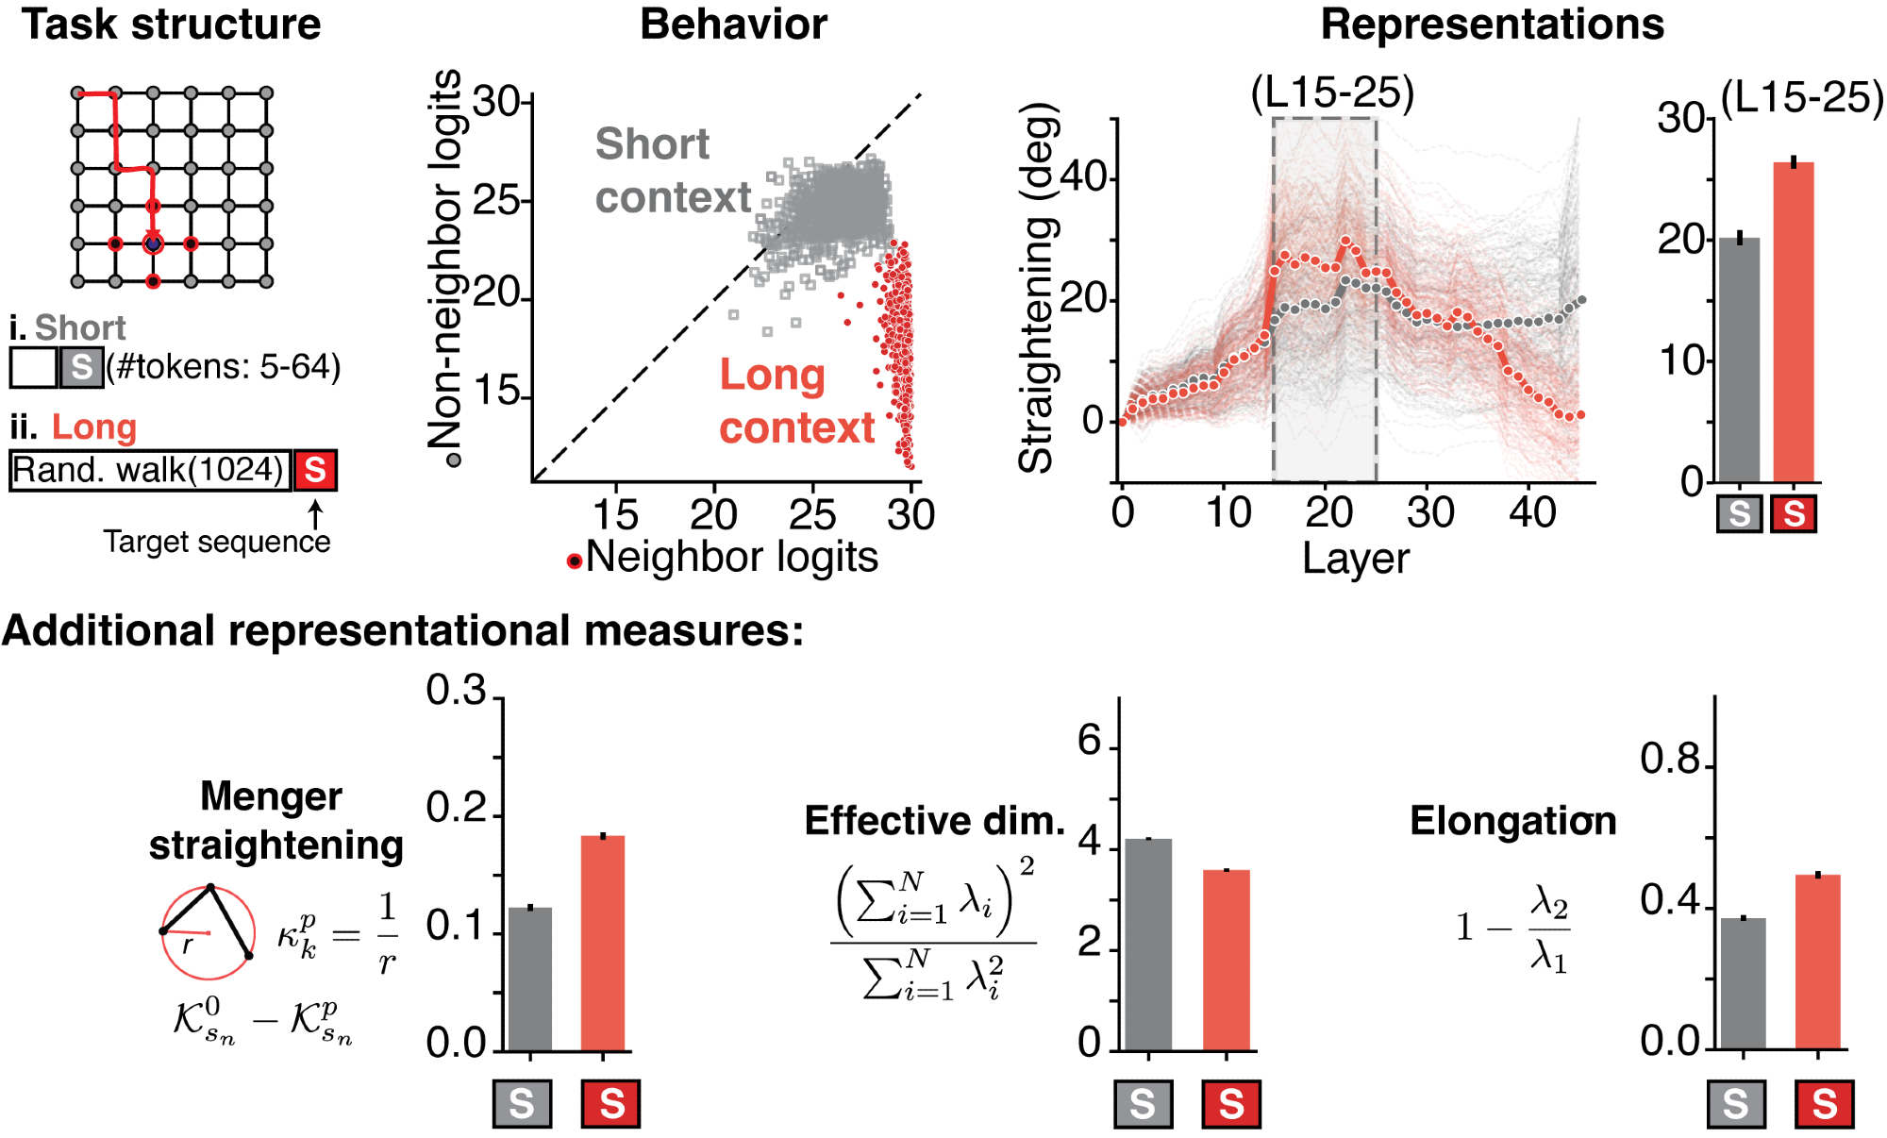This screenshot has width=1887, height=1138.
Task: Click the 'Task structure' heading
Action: pos(171,25)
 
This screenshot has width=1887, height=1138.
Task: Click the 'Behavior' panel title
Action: pos(733,25)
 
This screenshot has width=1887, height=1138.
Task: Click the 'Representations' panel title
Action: pos(1492,25)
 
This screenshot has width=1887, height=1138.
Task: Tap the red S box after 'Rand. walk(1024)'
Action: pos(315,470)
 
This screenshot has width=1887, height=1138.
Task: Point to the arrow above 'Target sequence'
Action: pos(315,514)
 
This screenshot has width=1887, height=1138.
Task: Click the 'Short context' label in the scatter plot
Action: pos(672,171)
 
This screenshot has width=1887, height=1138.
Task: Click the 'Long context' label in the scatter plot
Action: pos(795,401)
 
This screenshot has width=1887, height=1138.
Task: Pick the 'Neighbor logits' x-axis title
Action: pos(731,557)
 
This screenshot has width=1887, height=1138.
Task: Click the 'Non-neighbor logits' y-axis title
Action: pos(446,259)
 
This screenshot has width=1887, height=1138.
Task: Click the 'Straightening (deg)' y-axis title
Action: pos(1037,288)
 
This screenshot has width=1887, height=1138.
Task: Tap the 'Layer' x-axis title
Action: pos(1355,558)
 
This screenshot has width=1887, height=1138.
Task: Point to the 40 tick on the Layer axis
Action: pos(1532,512)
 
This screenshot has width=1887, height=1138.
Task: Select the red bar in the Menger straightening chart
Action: pos(603,943)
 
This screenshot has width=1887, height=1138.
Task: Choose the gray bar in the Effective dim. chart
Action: pos(1148,944)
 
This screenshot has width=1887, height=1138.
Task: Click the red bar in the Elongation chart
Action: pos(1818,962)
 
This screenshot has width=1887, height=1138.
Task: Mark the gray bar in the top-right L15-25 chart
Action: pos(1739,360)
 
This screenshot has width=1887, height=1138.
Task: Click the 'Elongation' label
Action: pos(1512,821)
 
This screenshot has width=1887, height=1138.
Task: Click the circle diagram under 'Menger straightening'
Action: pos(209,932)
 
